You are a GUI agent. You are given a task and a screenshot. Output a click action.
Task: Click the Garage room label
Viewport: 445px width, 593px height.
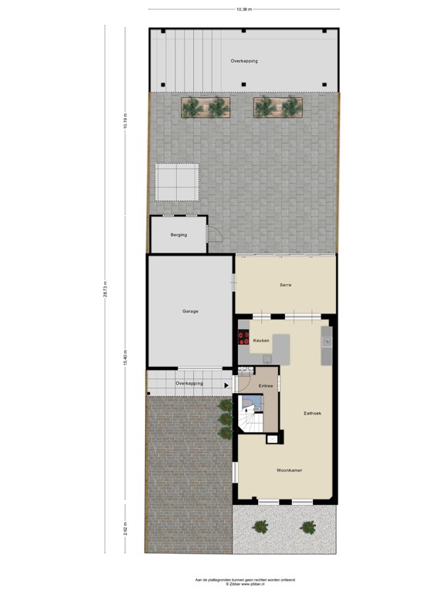point(190,311)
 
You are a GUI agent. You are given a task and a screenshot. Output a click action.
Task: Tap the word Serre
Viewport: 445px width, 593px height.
point(285,285)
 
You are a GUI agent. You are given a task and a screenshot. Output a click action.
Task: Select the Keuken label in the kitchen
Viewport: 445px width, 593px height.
point(261,340)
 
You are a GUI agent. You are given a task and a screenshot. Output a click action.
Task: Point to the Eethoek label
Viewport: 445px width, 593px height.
point(312,413)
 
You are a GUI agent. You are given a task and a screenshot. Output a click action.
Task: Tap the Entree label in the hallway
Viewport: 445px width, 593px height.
point(266,385)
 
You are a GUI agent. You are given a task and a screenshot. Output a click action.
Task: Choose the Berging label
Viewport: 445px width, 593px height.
point(179,235)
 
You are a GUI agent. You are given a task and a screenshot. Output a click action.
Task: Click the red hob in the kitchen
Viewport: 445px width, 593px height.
point(243,340)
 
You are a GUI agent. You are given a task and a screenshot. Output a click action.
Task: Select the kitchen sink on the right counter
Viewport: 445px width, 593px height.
point(327,340)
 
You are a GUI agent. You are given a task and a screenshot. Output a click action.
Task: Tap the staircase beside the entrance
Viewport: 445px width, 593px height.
point(250,415)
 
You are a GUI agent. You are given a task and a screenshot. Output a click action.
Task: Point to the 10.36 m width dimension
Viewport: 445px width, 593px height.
point(244,9)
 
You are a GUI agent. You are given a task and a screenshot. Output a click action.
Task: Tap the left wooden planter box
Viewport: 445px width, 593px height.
point(206,107)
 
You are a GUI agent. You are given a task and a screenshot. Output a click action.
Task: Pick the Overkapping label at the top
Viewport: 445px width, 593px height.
point(244,60)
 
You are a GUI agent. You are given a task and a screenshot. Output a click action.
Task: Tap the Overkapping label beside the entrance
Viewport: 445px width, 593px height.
point(189,383)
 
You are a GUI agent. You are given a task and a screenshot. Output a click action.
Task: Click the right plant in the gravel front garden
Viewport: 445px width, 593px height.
point(308,528)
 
